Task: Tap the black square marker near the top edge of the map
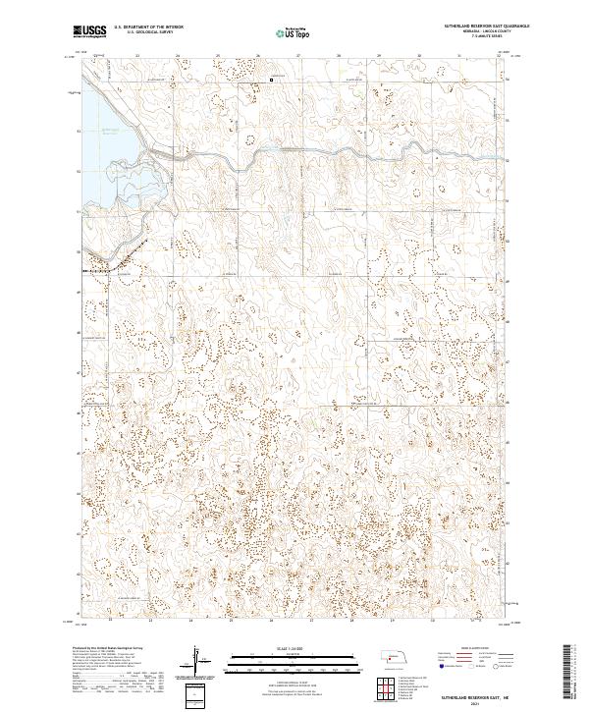[x=272, y=80]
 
